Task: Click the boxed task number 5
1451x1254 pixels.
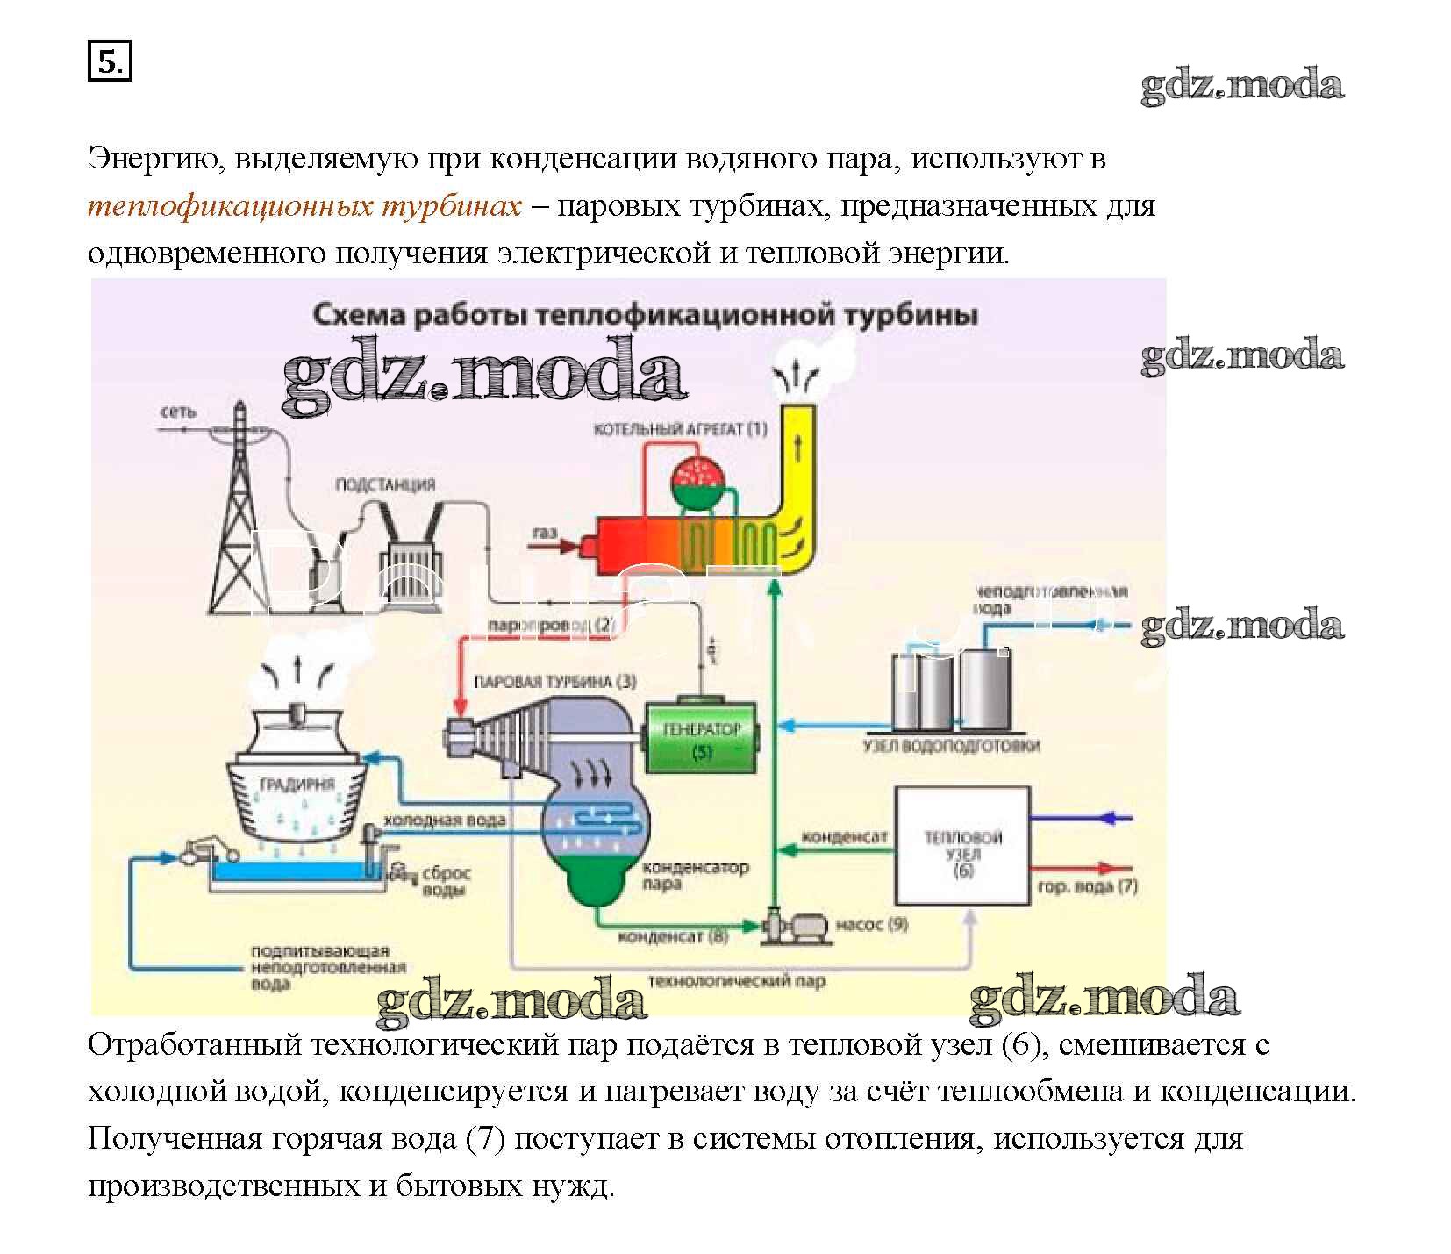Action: tap(109, 62)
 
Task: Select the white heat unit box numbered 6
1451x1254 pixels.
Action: tap(961, 846)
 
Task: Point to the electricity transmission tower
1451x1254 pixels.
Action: tap(239, 518)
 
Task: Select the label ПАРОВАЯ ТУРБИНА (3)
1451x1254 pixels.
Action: tap(554, 682)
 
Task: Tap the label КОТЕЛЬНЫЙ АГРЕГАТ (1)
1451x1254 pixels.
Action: tap(680, 429)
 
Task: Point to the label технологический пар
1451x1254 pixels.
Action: tap(736, 980)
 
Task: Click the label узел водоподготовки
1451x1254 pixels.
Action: tap(952, 746)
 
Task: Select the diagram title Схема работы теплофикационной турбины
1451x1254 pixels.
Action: tap(645, 315)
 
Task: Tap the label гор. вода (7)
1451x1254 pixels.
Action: tap(1087, 886)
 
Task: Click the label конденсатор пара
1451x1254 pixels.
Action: tap(695, 875)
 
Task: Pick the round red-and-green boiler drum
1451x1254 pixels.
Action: tap(700, 481)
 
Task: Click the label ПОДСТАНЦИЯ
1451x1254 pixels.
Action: tap(385, 484)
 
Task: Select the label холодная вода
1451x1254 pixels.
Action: tap(445, 820)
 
